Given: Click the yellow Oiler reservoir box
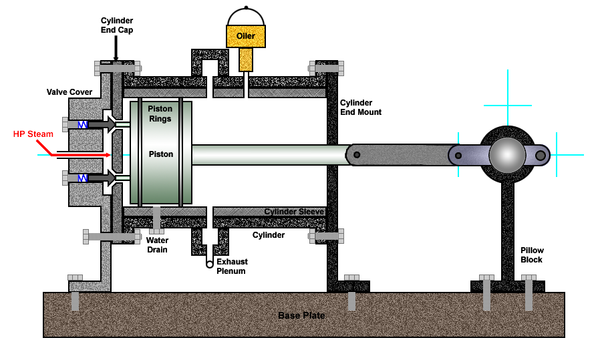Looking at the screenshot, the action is pos(246,36).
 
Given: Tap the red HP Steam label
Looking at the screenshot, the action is pos(33,134).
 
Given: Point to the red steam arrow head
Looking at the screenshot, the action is pos(108,155).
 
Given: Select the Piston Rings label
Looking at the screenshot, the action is pos(160,114).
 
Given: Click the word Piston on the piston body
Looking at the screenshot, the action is pos(161,154).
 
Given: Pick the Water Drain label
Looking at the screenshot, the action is pos(158,245).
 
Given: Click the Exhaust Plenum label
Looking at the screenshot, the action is pos(232,266).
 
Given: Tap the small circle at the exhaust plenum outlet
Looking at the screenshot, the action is pos(209,264).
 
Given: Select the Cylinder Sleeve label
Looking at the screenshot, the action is pos(294,211).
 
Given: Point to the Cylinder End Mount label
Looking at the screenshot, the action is pos(361,108).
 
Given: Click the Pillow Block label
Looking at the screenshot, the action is pos(532,254).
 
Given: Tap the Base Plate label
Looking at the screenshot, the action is pos(301,315).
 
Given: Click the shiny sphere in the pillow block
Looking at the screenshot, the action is pos(507,155).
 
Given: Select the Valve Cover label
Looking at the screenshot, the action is pos(69,92).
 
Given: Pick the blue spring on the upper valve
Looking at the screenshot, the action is pos(83,124).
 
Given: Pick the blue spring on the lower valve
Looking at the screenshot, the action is pos(83,178).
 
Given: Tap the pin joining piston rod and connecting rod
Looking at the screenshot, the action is pos(357,155).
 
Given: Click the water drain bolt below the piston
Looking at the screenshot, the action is pos(156,220).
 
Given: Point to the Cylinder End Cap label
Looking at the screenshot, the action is pos(117,25).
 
